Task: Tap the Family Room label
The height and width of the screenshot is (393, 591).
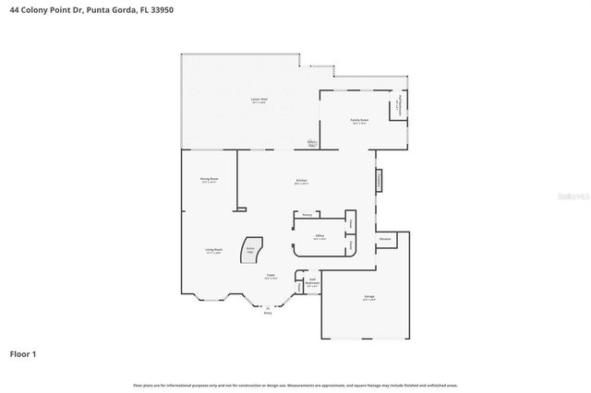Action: coord(359,121)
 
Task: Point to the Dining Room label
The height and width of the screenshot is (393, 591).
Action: coord(209,179)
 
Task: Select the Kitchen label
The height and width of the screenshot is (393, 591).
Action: coord(301,181)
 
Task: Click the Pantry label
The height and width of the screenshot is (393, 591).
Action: coord(306,214)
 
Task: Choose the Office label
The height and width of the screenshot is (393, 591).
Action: coord(320,236)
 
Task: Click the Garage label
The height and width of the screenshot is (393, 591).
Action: coord(368,297)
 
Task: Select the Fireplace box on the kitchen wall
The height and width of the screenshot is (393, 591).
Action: coord(379,181)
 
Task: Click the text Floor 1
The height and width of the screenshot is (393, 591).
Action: coord(23,353)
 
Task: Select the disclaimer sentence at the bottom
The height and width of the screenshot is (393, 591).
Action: coord(295,385)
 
